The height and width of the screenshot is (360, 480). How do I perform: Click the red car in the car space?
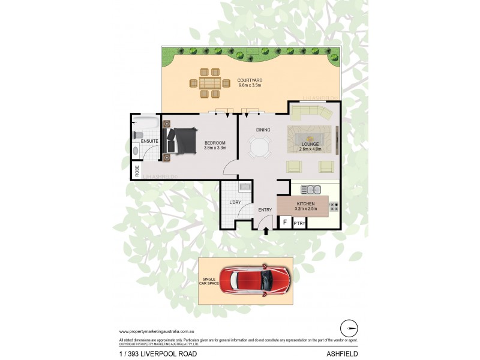[254, 280]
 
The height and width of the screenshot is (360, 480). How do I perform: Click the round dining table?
[260, 147]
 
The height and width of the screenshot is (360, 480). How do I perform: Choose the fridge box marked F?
[284, 223]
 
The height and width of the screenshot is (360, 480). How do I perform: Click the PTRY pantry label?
[299, 223]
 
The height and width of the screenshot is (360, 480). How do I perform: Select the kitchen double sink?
[310, 190]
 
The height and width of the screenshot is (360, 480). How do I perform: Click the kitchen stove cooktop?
[334, 208]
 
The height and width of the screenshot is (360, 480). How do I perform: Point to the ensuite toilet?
[137, 135]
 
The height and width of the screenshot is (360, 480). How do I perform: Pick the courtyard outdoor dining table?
[210, 82]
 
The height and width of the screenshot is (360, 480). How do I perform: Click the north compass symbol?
[349, 328]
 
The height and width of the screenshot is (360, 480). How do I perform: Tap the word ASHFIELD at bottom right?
[343, 354]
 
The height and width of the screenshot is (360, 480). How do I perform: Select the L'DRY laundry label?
[235, 202]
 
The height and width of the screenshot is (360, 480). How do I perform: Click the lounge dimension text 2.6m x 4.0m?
[311, 149]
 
